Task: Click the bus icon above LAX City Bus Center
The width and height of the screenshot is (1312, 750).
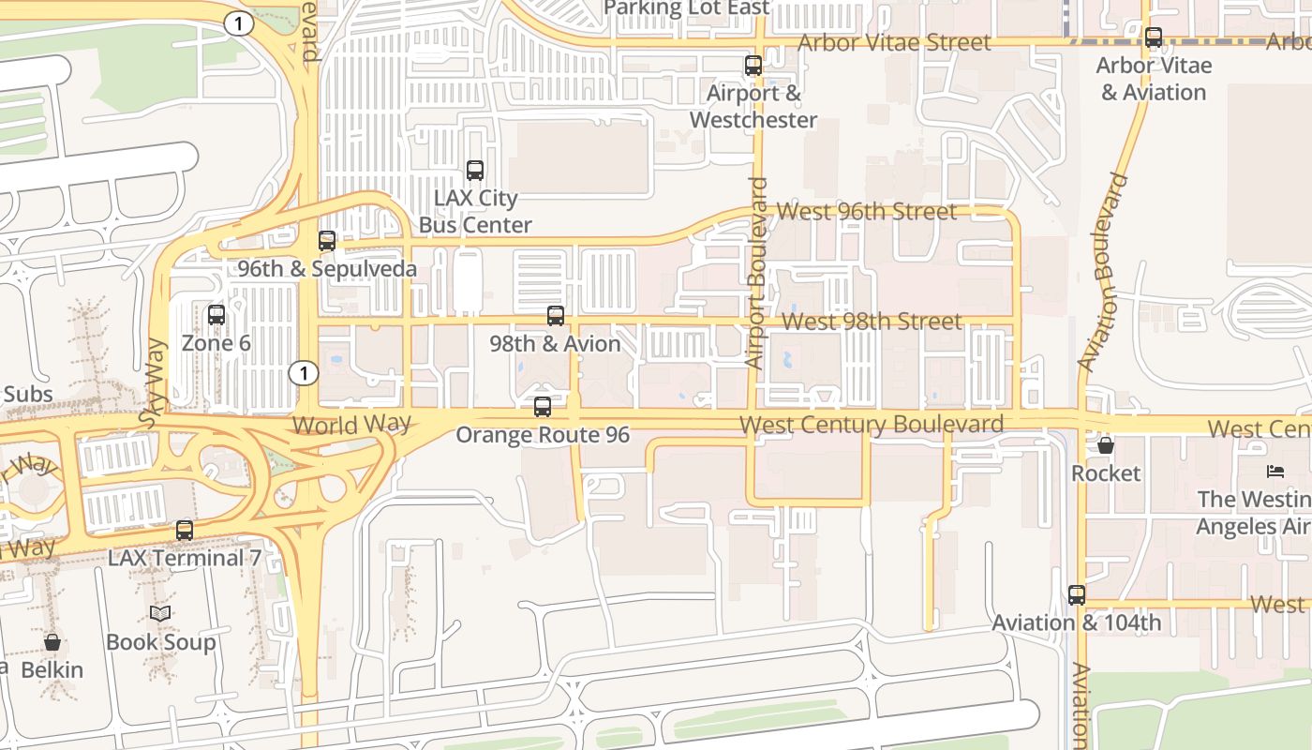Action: (x=475, y=171)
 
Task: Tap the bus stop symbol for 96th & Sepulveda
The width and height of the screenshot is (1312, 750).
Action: (x=327, y=241)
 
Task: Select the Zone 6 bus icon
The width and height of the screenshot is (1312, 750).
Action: (x=216, y=315)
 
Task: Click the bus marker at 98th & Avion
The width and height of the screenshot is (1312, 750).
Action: (x=556, y=316)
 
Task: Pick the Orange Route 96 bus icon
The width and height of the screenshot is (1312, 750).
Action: (x=543, y=407)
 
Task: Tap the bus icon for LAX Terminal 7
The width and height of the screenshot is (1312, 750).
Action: (x=185, y=531)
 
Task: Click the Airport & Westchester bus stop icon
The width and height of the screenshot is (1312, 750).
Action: (x=753, y=66)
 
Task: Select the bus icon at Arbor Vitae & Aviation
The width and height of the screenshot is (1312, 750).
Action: (x=1154, y=37)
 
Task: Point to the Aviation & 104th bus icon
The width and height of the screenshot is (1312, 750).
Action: (x=1077, y=595)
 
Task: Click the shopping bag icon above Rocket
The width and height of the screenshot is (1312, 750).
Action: (x=1106, y=445)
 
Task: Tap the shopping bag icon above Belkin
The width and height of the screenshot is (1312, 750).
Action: (x=52, y=642)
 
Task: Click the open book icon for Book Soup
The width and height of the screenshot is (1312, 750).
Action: (x=160, y=614)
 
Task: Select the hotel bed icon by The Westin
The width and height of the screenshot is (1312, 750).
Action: (x=1275, y=471)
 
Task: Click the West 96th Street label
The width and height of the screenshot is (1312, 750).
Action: (x=867, y=211)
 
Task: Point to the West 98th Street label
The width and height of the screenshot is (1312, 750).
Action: (x=872, y=322)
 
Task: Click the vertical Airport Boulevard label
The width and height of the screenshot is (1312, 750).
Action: (x=756, y=273)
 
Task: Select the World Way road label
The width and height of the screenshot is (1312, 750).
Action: (x=351, y=424)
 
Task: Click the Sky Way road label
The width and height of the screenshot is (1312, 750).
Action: (x=154, y=384)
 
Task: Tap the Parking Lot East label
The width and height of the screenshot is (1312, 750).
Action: (x=687, y=8)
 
